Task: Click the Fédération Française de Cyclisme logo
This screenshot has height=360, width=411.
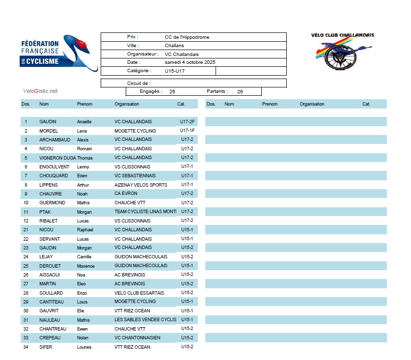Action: coord(59,53)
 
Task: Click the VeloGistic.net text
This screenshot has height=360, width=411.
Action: coord(40,91)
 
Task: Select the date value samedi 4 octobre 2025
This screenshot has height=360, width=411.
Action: coord(190,62)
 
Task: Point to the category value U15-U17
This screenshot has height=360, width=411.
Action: coord(175,71)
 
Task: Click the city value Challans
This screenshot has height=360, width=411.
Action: coord(174,46)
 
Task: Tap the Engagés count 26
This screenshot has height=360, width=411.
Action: coord(172,92)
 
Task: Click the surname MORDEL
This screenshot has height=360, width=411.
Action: coord(49,131)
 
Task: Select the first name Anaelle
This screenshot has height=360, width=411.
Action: coord(84,122)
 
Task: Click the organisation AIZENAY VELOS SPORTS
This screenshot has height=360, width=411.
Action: coord(141,185)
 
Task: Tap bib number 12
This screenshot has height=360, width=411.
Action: coord(26,221)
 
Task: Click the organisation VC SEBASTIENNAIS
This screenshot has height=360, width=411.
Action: coord(135,176)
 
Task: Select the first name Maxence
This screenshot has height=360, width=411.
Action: coord(85,266)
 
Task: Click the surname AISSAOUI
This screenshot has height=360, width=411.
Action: coord(50,275)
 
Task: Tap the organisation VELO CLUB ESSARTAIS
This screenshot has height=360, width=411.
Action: coord(139,293)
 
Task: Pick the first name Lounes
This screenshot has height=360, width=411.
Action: coord(84,347)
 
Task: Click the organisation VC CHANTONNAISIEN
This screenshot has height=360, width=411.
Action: coord(137,338)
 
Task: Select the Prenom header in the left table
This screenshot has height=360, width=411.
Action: coord(84,104)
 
